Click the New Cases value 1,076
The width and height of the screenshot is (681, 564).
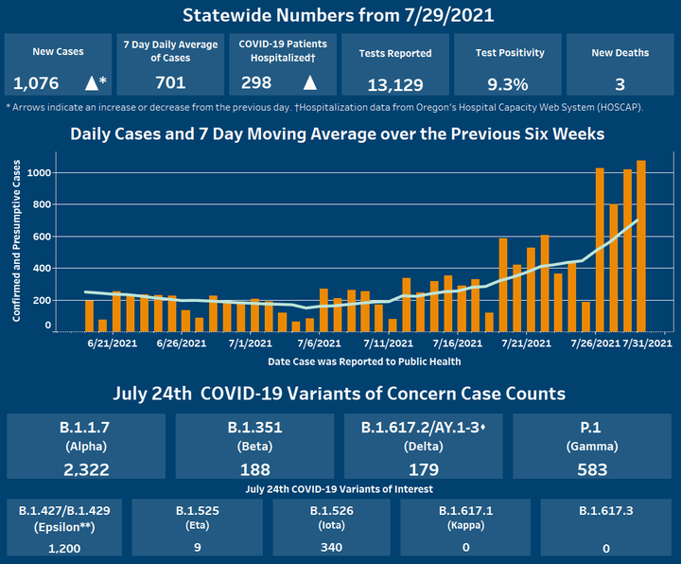coord(38,83)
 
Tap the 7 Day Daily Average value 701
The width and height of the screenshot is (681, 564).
coord(170,83)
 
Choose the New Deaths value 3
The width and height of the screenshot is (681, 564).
coord(620,83)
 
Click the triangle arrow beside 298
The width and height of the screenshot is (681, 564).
coord(309,83)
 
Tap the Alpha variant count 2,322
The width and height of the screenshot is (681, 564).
coord(87,468)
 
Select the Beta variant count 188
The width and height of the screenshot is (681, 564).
coord(256,468)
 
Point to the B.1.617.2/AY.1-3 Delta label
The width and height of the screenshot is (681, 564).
coord(425,427)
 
